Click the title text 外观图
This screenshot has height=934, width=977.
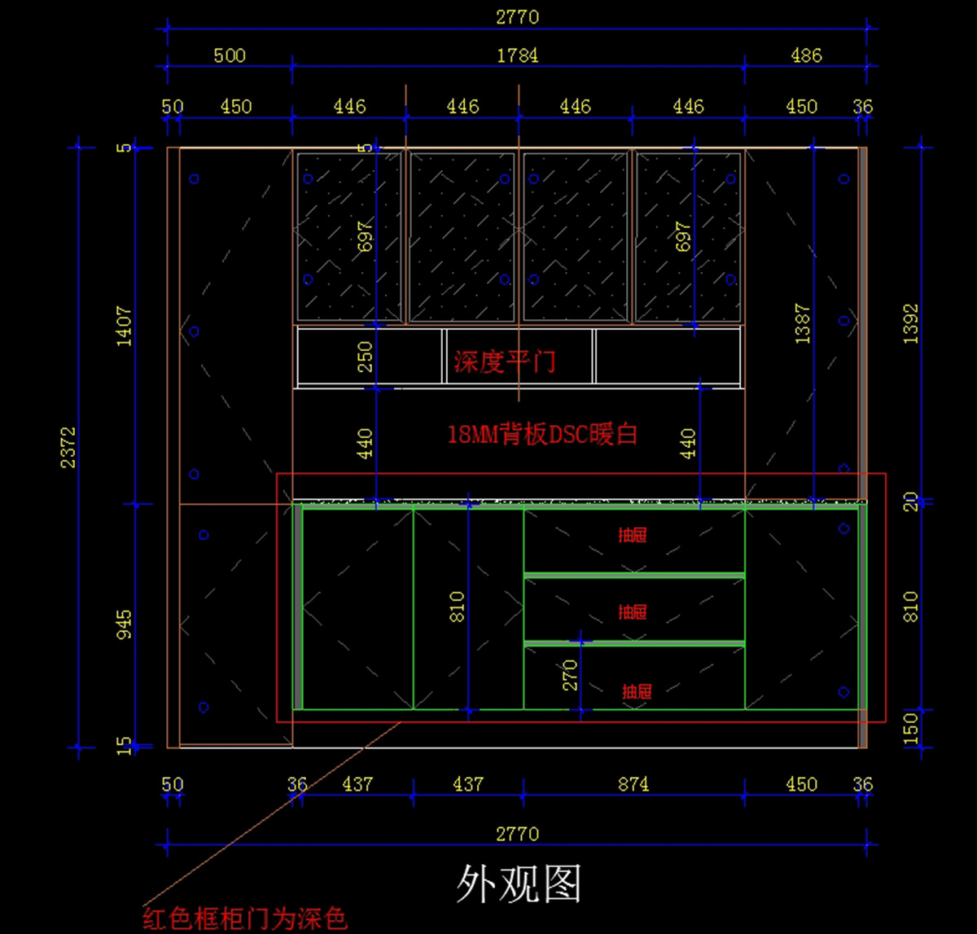(x=519, y=884)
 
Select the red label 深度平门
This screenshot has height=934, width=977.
(x=505, y=362)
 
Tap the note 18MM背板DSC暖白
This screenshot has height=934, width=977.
(x=542, y=434)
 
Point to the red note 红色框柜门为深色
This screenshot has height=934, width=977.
(x=245, y=919)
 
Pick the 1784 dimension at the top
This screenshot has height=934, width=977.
(x=517, y=55)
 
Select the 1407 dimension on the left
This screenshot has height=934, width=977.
(x=124, y=326)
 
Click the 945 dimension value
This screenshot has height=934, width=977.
(x=124, y=623)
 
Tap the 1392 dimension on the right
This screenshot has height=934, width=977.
(x=911, y=323)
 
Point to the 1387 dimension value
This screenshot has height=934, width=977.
(x=803, y=323)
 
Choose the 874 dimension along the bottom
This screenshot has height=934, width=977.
(x=633, y=784)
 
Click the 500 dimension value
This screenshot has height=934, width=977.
(x=230, y=55)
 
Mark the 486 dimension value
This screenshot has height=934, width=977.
(x=806, y=55)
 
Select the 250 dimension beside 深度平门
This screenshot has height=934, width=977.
(x=365, y=357)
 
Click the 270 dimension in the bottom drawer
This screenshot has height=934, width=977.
(x=570, y=674)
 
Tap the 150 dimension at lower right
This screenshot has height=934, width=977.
(x=911, y=727)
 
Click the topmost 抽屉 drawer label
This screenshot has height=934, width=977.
(x=633, y=535)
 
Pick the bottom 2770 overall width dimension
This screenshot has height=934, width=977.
(x=517, y=834)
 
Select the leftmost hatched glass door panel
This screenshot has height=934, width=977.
(x=348, y=236)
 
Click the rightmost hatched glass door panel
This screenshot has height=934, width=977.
(x=688, y=236)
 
